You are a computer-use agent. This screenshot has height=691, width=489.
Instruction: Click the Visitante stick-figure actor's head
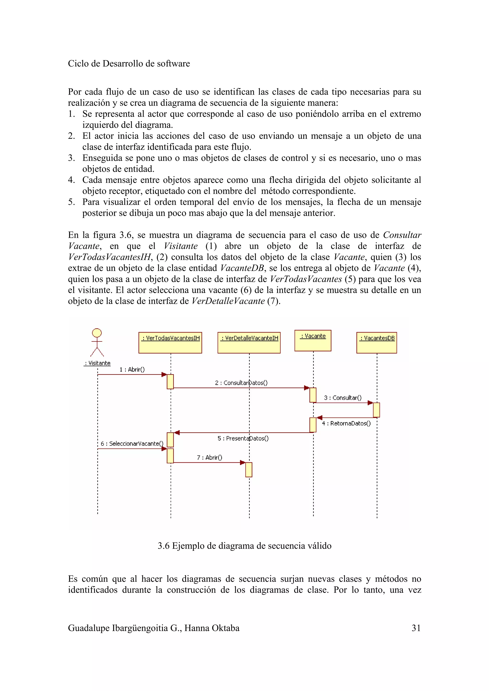(97, 333)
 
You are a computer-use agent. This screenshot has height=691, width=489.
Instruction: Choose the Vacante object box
(313, 340)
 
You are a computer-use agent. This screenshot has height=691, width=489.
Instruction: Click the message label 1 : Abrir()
(132, 369)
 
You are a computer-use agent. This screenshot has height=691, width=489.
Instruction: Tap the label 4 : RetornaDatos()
(346, 423)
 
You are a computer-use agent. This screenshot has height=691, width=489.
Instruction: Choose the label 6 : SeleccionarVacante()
(132, 443)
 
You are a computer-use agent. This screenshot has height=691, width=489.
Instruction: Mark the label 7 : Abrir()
(209, 458)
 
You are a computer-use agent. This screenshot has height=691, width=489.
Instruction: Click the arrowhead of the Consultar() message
(370, 403)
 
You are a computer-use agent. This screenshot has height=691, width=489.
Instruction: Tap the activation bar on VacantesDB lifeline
(376, 410)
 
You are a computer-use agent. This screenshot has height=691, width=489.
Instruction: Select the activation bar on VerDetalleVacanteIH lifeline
(249, 469)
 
